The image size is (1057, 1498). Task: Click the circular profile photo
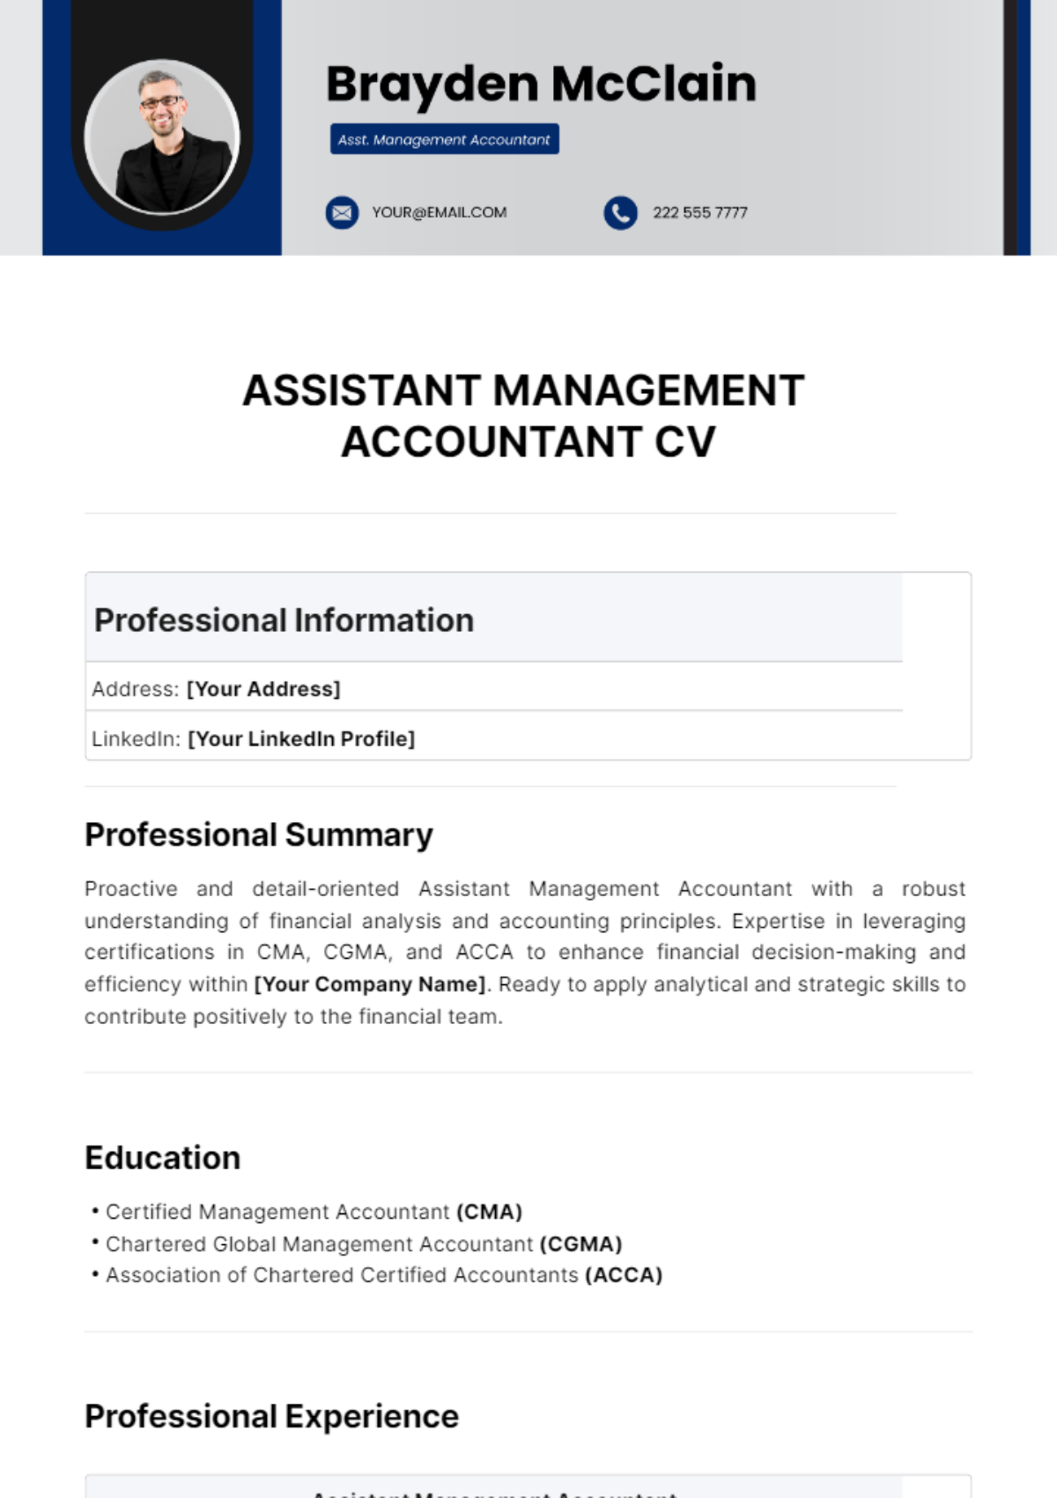coord(162,137)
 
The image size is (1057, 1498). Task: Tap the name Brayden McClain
coord(541,85)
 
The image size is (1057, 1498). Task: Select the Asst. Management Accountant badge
coord(444,139)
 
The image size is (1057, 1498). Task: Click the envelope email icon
coord(342,212)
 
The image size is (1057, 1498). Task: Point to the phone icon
coord(620,212)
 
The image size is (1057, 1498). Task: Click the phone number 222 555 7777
coord(699,212)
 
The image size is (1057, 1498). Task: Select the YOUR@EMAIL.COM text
coord(439,212)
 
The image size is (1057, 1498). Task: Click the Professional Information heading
coord(284,620)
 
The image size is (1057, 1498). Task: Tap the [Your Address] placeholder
coord(263,689)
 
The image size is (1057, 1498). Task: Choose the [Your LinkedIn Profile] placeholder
coord(301,738)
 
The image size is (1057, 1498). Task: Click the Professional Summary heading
coord(259,834)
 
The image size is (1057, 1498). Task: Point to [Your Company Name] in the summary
coord(370,984)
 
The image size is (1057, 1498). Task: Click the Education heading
coord(163,1158)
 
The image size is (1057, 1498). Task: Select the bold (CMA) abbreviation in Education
coord(489,1212)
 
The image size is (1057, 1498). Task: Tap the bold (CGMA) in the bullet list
coord(580,1243)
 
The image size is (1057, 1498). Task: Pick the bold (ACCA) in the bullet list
coord(623,1275)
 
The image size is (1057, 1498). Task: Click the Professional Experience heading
coord(271,1416)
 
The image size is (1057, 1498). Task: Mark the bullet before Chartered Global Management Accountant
coord(95,1242)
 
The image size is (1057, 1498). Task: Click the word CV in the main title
coord(684,442)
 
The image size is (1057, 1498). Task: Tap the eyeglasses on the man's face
coord(161,102)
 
